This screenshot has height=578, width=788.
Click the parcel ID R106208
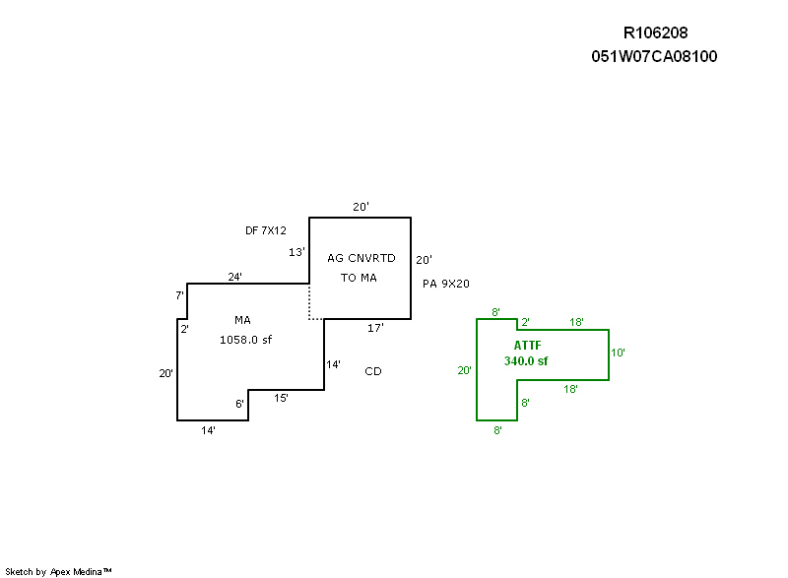tap(654, 33)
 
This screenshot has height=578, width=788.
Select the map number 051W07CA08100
tap(654, 56)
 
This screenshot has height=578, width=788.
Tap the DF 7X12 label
tap(266, 230)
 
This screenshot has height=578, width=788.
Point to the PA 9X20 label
tap(446, 284)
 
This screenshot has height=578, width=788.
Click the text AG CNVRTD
tap(361, 258)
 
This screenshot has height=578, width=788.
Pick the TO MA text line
tap(359, 278)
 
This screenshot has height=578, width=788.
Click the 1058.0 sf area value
tap(245, 340)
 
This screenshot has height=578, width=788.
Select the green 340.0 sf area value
tap(526, 361)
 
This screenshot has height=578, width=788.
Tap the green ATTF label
tap(527, 346)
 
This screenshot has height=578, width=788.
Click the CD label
tap(373, 371)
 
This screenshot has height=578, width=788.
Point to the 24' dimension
tap(235, 277)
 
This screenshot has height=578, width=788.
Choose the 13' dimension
tap(296, 252)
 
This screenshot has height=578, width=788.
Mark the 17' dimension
tap(375, 328)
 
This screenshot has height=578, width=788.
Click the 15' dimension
tap(282, 398)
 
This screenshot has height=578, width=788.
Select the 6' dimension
tap(239, 404)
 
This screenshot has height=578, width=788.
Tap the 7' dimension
tap(180, 295)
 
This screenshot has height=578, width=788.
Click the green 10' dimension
tap(618, 352)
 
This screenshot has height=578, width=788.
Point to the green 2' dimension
tap(525, 323)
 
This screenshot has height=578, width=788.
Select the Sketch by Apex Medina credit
tap(59, 571)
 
